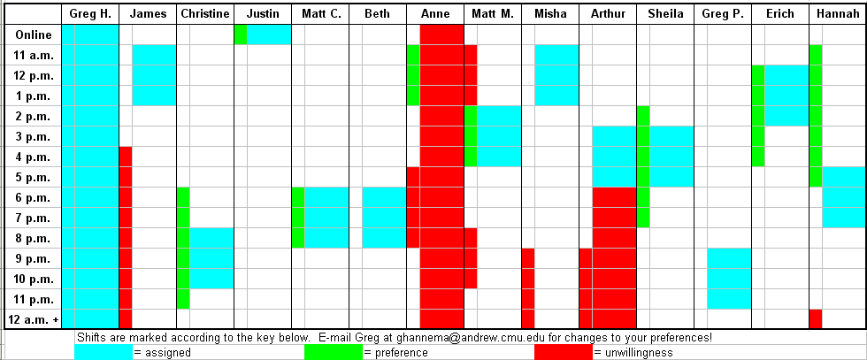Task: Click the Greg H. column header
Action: click(89, 14)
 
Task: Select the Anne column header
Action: click(435, 14)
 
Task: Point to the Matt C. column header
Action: click(319, 14)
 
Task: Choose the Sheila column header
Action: click(664, 14)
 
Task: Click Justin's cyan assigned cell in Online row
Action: click(269, 34)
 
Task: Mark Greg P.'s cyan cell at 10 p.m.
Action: click(729, 279)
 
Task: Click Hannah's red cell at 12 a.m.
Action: click(816, 318)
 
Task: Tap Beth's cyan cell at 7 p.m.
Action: click(384, 218)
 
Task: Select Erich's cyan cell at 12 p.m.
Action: click(786, 75)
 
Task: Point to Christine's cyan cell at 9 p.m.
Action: click(211, 258)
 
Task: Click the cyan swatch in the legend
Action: click(103, 352)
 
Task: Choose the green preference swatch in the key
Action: click(333, 352)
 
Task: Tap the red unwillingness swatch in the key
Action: click(563, 352)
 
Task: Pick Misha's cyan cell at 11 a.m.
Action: click(556, 55)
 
